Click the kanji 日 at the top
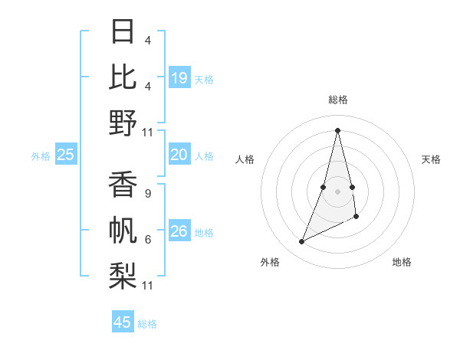[123, 33]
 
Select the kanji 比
[123, 77]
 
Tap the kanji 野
[123, 123]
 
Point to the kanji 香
[123, 186]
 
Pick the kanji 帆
[123, 231]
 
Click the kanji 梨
[123, 276]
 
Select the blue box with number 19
[179, 77]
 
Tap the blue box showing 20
[179, 155]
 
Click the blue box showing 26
[179, 231]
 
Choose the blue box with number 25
[66, 155]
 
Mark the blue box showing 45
[123, 322]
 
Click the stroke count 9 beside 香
[147, 194]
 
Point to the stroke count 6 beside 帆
[147, 240]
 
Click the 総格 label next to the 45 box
[147, 324]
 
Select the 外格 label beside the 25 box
[41, 156]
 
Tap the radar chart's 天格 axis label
[431, 159]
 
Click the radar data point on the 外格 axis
[302, 242]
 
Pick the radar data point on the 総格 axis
[338, 130]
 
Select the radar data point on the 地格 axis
[357, 218]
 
